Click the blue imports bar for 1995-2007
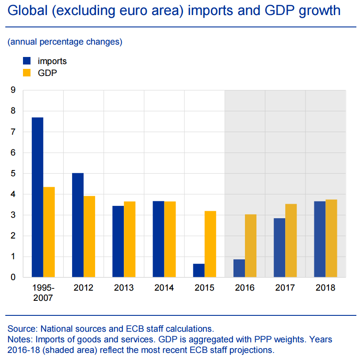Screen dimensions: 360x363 click(37, 197)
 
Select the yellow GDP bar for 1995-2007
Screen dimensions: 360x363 click(49, 232)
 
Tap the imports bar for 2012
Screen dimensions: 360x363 click(78, 225)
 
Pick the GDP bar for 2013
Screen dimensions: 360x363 click(130, 239)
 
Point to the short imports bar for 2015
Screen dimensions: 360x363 click(199, 270)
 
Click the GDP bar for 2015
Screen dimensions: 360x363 click(210, 244)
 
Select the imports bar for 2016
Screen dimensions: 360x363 click(239, 268)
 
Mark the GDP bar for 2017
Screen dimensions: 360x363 click(291, 241)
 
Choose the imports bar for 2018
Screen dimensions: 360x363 click(320, 239)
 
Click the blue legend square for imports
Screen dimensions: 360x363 click(27, 61)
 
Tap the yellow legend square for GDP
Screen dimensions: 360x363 click(27, 72)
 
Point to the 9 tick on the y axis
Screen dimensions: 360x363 click(13, 91)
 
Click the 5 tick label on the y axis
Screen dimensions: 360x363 click(13, 174)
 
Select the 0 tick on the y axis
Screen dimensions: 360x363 click(13, 277)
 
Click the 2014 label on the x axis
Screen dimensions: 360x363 click(164, 288)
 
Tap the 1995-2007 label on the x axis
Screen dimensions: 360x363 click(43, 292)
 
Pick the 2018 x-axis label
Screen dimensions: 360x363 click(325, 288)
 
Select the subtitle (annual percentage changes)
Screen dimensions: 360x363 click(65, 42)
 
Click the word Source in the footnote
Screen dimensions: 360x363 click(23, 329)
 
